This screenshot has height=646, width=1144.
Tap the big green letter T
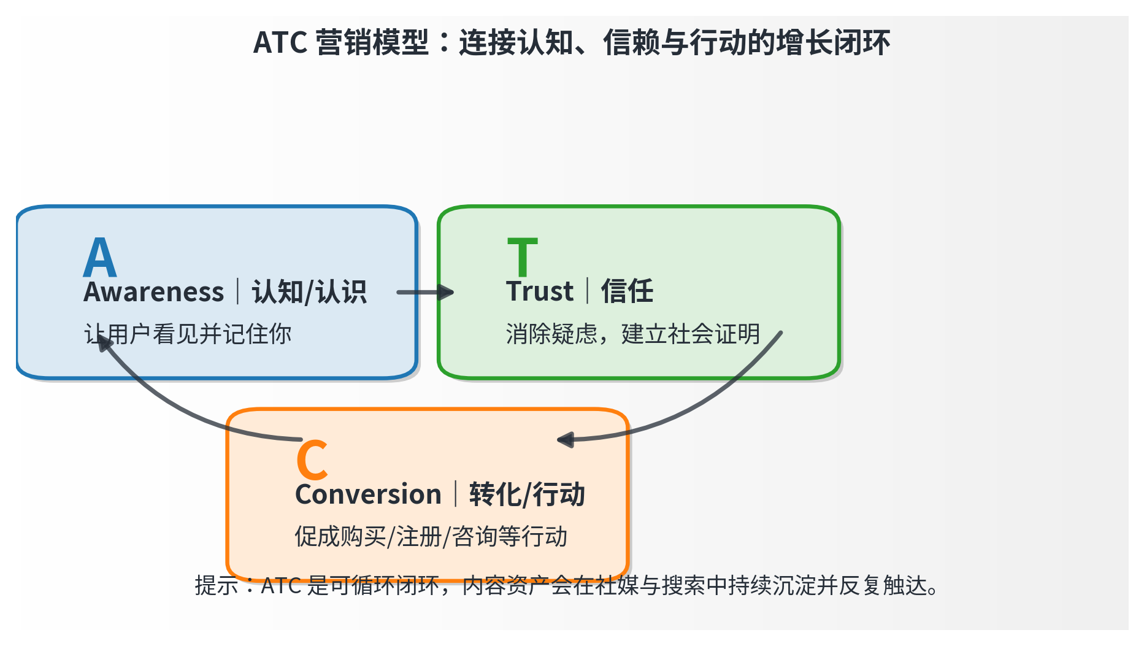pyautogui.click(x=523, y=257)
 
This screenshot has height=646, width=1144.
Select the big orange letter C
pyautogui.click(x=312, y=460)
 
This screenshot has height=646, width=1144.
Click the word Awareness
pyautogui.click(x=154, y=291)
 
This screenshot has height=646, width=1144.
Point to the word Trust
pyautogui.click(x=540, y=291)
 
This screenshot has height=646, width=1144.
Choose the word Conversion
pyautogui.click(x=368, y=494)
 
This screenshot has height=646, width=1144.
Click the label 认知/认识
pyautogui.click(x=309, y=291)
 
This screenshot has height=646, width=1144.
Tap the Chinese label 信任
pyautogui.click(x=627, y=291)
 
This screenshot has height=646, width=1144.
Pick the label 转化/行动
pyautogui.click(x=527, y=494)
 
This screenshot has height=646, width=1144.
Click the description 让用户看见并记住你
pyautogui.click(x=188, y=334)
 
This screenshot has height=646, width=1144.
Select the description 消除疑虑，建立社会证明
pyautogui.click(x=633, y=334)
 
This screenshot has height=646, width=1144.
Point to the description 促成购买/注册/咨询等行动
pyautogui.click(x=431, y=537)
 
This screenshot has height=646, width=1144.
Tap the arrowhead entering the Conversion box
pyautogui.click(x=565, y=439)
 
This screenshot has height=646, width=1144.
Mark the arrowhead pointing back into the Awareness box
pyautogui.click(x=105, y=342)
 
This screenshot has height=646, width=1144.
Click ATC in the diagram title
pyautogui.click(x=280, y=43)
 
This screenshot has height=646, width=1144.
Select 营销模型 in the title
pyautogui.click(x=372, y=43)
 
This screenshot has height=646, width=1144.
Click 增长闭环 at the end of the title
pyautogui.click(x=834, y=43)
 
